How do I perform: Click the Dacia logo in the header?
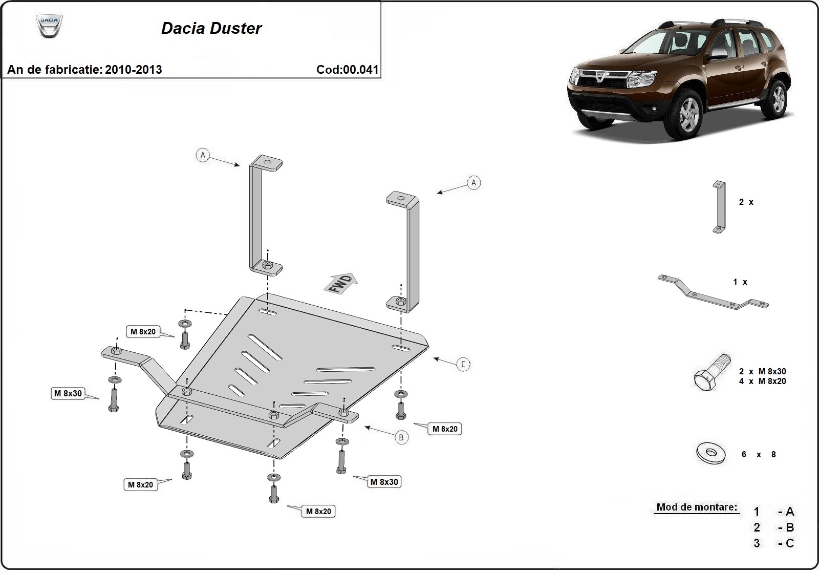click(49, 26)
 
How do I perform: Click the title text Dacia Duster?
click(211, 28)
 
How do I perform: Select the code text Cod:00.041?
click(348, 70)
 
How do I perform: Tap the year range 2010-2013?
click(133, 70)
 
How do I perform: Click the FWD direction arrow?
click(341, 283)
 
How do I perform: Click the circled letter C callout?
click(463, 364)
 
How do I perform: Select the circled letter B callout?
click(401, 437)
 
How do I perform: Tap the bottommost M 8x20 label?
click(318, 511)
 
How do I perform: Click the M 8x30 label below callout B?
click(384, 482)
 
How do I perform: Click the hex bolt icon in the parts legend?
click(711, 373)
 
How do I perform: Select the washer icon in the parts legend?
click(711, 453)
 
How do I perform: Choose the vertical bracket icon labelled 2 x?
click(719, 207)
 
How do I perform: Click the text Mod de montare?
click(697, 507)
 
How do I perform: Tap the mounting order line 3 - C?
click(773, 543)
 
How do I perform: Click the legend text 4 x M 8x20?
click(762, 381)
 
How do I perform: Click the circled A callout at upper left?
click(203, 155)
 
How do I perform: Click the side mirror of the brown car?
click(719, 54)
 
